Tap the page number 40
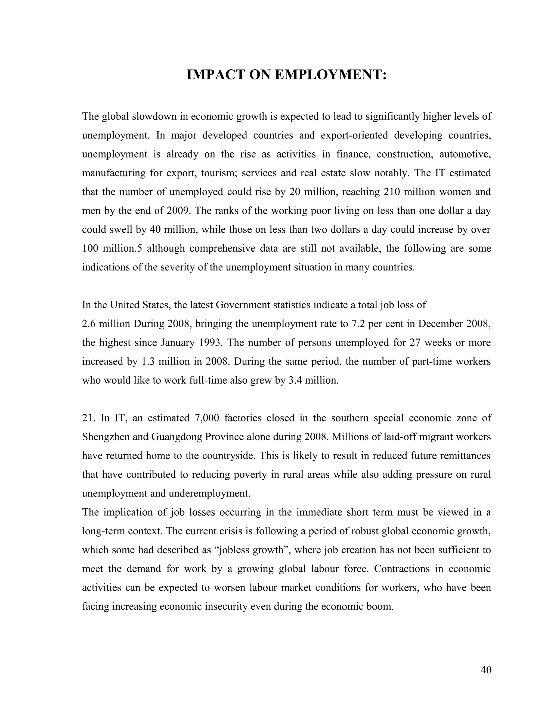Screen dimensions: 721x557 486,670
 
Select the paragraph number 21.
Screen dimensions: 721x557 88,418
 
